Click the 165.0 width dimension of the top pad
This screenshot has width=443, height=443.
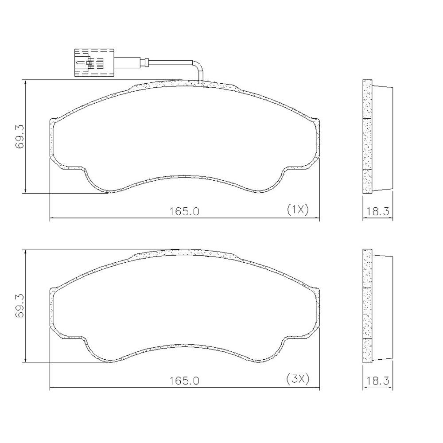[184, 211]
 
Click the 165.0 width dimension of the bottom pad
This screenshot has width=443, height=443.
[184, 381]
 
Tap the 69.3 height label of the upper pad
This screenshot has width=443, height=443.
[20, 137]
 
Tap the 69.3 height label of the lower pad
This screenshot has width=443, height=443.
[20, 306]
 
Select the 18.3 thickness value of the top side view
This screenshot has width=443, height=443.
[378, 211]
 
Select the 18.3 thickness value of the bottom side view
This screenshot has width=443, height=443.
[378, 381]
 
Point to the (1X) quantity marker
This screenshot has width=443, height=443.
[298, 210]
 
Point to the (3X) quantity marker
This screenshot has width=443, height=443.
[298, 379]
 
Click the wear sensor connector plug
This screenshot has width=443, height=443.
[94, 62]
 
